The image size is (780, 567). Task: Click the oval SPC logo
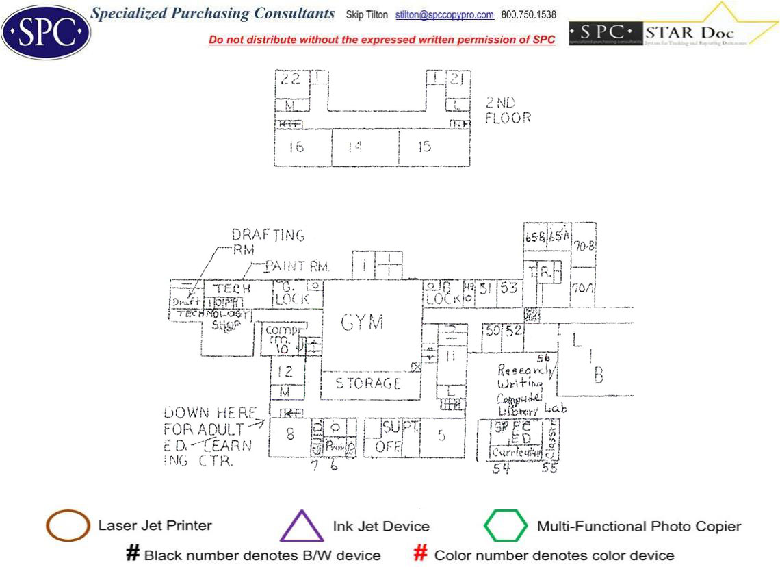pos(46,32)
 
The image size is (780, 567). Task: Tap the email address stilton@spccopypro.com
pos(444,15)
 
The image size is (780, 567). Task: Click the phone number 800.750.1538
pos(528,15)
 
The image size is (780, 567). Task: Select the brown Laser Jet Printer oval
pos(68,526)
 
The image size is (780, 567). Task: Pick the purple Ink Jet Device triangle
pos(301,526)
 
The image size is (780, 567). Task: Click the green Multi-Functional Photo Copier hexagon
pos(506,526)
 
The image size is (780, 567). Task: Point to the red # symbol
pos(421,554)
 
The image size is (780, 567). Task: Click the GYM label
pos(362,322)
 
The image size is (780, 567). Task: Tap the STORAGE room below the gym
pos(368,383)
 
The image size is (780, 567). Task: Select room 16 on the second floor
pos(296,147)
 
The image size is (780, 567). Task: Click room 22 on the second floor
pos(291,79)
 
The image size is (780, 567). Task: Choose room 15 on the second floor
pos(424,147)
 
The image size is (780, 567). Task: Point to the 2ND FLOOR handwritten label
pos(508,110)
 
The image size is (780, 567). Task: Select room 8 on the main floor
pos(290,433)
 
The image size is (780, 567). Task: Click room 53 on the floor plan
pos(508,288)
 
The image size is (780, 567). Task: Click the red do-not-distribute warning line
pos(382,40)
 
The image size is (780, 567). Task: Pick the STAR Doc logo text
pos(688,32)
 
